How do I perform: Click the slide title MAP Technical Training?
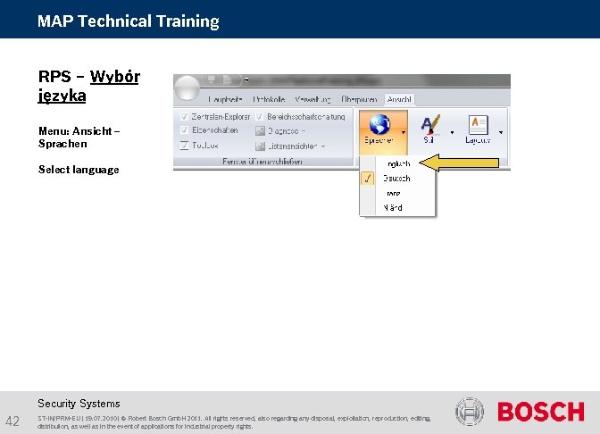(x=128, y=21)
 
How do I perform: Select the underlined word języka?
(x=62, y=94)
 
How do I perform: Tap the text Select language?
(x=79, y=170)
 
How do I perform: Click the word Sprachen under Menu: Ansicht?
(x=62, y=144)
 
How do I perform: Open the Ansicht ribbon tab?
(x=398, y=99)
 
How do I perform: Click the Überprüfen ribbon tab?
(x=357, y=99)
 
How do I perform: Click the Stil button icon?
(x=430, y=126)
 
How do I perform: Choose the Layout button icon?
(x=478, y=126)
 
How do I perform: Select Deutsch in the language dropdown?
(x=396, y=179)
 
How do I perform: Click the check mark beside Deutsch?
(x=367, y=179)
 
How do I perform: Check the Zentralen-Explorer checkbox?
(x=184, y=117)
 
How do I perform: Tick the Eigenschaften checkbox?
(x=184, y=130)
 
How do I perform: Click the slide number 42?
(x=13, y=421)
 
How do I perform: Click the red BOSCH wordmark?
(x=540, y=412)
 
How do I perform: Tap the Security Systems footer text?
(x=79, y=404)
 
